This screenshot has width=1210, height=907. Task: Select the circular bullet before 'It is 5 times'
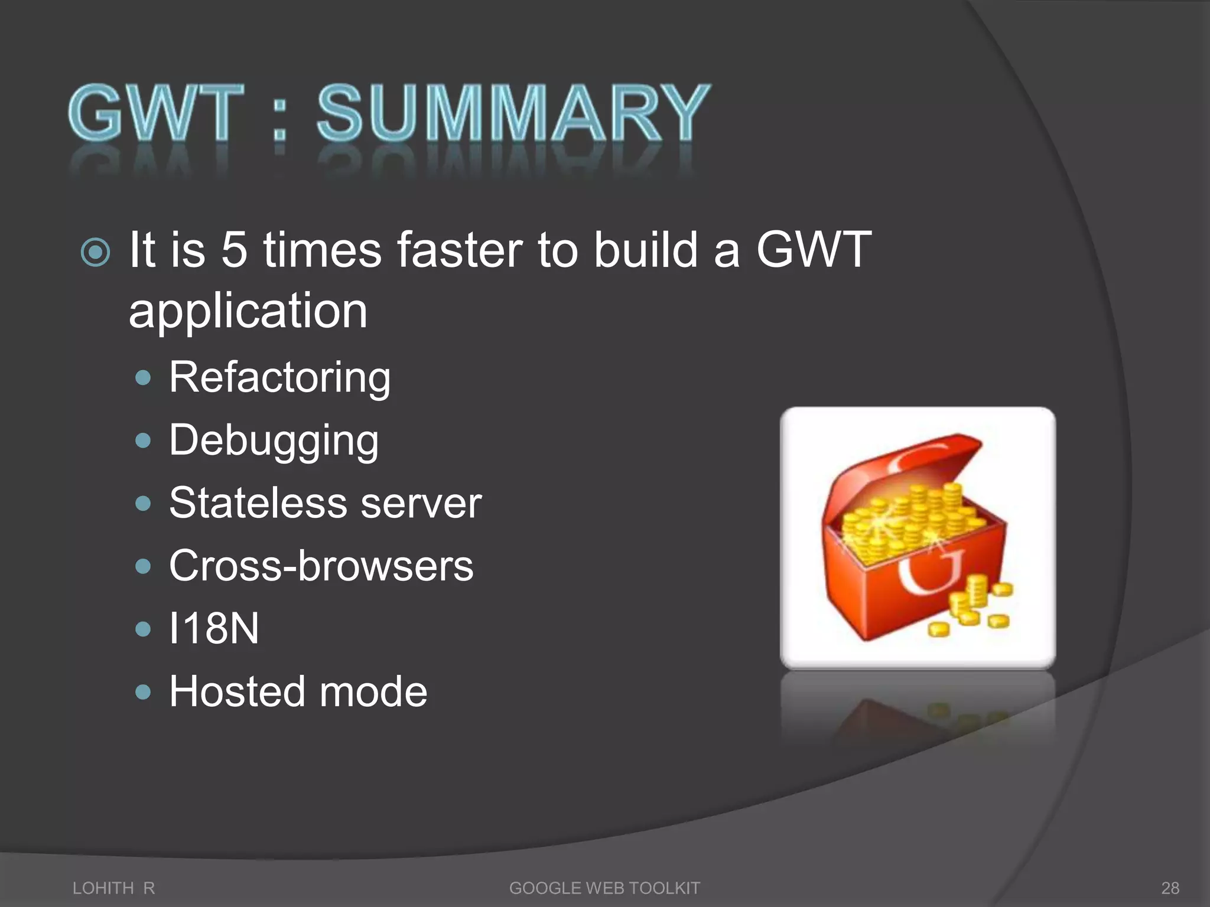point(95,253)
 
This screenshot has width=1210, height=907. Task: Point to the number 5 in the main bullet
point(234,250)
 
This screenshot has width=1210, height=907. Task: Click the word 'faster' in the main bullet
point(460,250)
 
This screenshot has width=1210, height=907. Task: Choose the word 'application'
point(248,311)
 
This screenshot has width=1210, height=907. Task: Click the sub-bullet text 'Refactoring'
point(279,378)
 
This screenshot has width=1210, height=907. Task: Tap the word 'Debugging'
point(274,441)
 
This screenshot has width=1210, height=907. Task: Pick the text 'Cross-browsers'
point(321,566)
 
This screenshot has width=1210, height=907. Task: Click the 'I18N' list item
point(214,628)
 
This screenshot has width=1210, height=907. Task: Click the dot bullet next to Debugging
point(143,441)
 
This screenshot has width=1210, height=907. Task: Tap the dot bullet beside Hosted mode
point(143,691)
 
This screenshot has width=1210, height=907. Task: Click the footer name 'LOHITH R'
point(113,888)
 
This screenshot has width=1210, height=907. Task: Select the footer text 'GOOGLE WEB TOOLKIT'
point(604,888)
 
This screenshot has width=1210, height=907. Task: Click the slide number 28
point(1170,888)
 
